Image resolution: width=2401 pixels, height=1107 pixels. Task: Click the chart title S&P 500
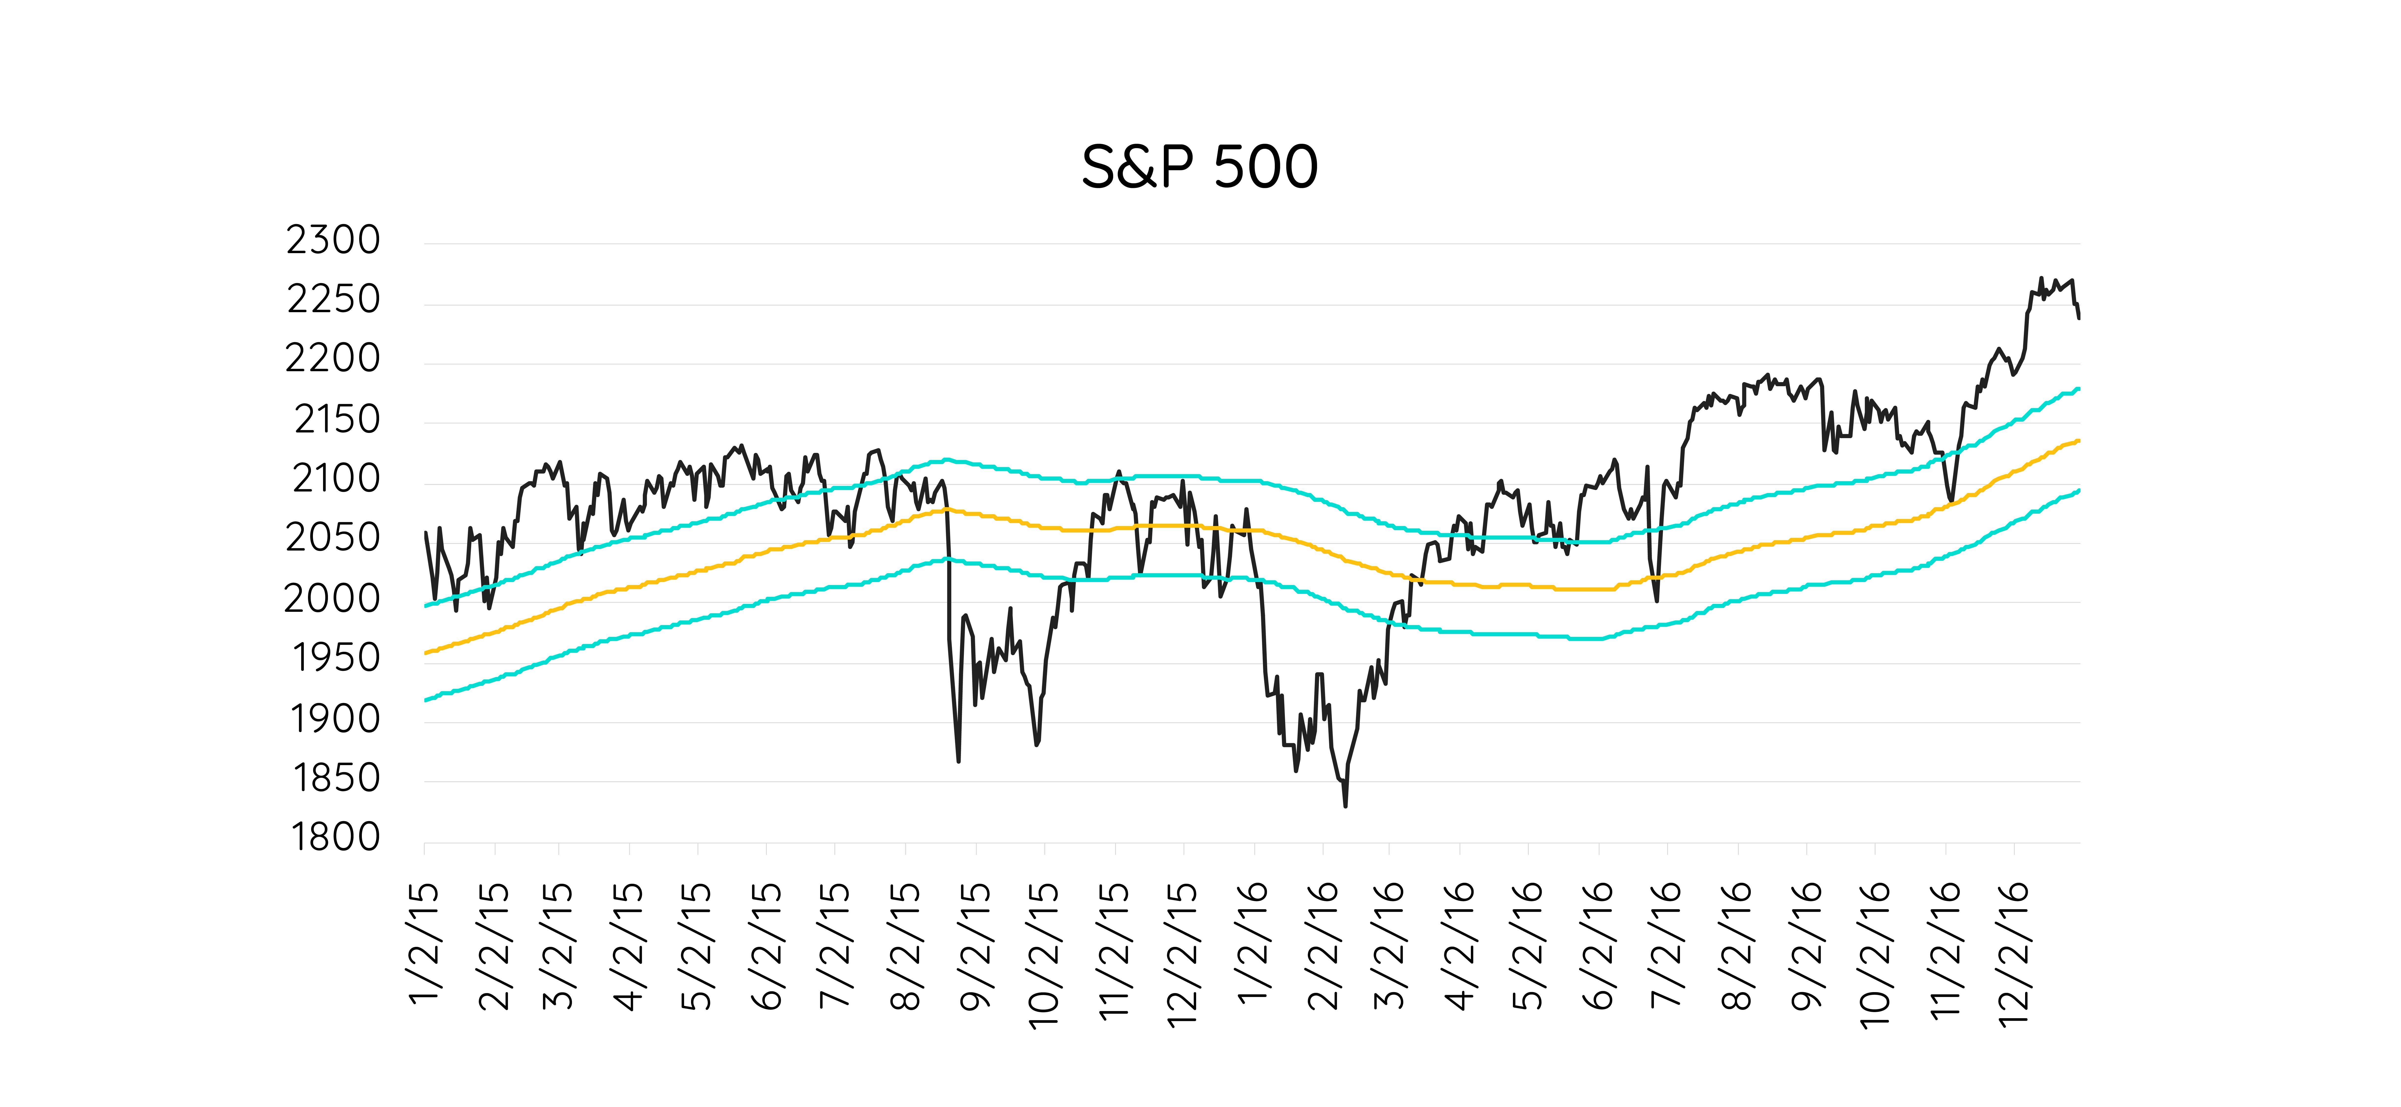1200,168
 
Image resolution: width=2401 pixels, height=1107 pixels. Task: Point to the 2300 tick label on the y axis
333,240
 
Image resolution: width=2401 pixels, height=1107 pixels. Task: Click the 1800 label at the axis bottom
336,837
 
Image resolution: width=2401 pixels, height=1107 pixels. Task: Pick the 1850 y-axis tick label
336,777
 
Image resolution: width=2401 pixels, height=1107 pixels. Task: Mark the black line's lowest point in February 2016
1345,806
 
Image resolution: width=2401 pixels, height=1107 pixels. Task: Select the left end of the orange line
425,653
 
